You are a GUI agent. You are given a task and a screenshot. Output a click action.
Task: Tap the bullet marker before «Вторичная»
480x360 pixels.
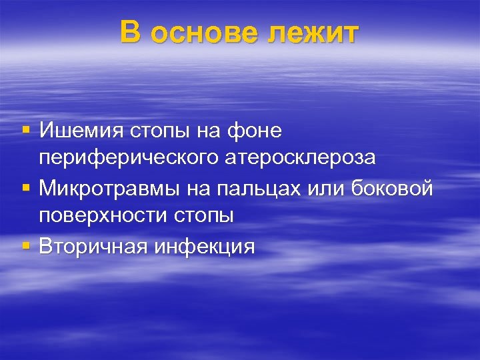pos(26,245)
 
